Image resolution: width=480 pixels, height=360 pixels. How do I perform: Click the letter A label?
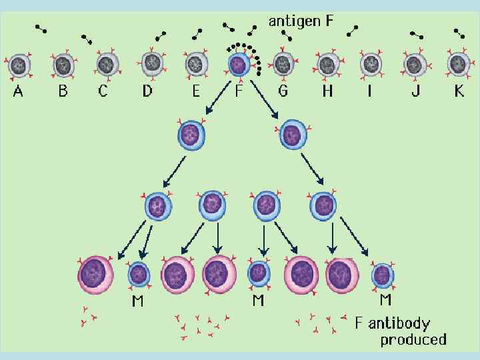click(x=18, y=91)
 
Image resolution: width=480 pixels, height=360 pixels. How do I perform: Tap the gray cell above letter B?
click(x=63, y=65)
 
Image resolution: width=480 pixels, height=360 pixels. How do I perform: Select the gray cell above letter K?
click(x=458, y=65)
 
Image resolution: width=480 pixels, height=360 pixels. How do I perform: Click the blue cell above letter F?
click(x=238, y=65)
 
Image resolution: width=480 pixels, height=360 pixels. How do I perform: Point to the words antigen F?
click(x=301, y=21)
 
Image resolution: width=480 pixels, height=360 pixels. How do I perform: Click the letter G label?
click(x=283, y=91)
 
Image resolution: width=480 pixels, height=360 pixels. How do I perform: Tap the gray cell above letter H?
click(x=327, y=65)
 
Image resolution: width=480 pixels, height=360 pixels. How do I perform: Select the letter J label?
click(x=415, y=91)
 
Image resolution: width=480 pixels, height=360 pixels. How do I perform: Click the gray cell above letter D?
click(x=151, y=65)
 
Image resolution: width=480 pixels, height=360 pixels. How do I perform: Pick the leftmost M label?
click(x=137, y=301)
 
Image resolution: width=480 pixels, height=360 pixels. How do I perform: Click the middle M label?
click(x=258, y=301)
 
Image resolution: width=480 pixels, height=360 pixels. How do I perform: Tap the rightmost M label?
click(x=385, y=301)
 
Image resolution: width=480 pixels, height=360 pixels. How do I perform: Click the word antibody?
click(x=399, y=324)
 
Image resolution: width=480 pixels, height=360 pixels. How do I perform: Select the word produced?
click(x=413, y=340)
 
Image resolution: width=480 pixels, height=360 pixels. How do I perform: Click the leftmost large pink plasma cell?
click(x=96, y=273)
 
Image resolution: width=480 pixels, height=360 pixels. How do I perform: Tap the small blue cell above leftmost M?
click(x=139, y=274)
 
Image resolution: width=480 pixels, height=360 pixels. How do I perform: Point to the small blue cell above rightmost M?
click(x=381, y=275)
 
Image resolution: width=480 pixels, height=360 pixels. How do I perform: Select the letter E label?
click(x=195, y=91)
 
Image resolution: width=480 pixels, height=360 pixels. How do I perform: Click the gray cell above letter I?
click(x=371, y=65)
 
